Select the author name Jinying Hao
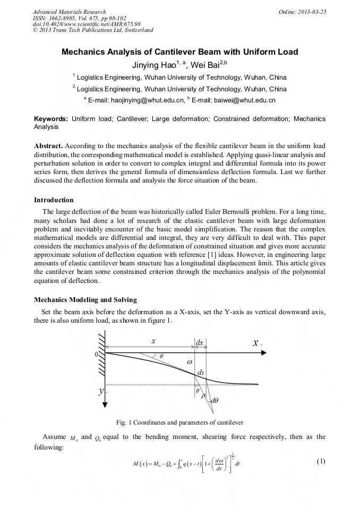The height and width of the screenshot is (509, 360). [x=153, y=66]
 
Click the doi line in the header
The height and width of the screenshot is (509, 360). [x=87, y=24]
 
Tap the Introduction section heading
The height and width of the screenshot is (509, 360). [x=54, y=200]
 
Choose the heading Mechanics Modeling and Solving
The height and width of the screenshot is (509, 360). [x=85, y=300]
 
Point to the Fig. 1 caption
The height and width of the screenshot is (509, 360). [x=179, y=422]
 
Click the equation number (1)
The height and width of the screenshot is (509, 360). [x=320, y=461]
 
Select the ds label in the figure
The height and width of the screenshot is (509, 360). [x=201, y=373]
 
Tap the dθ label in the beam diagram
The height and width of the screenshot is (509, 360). [x=215, y=401]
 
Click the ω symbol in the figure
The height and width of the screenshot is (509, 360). [x=190, y=361]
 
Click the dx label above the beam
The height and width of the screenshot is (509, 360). [x=200, y=343]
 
